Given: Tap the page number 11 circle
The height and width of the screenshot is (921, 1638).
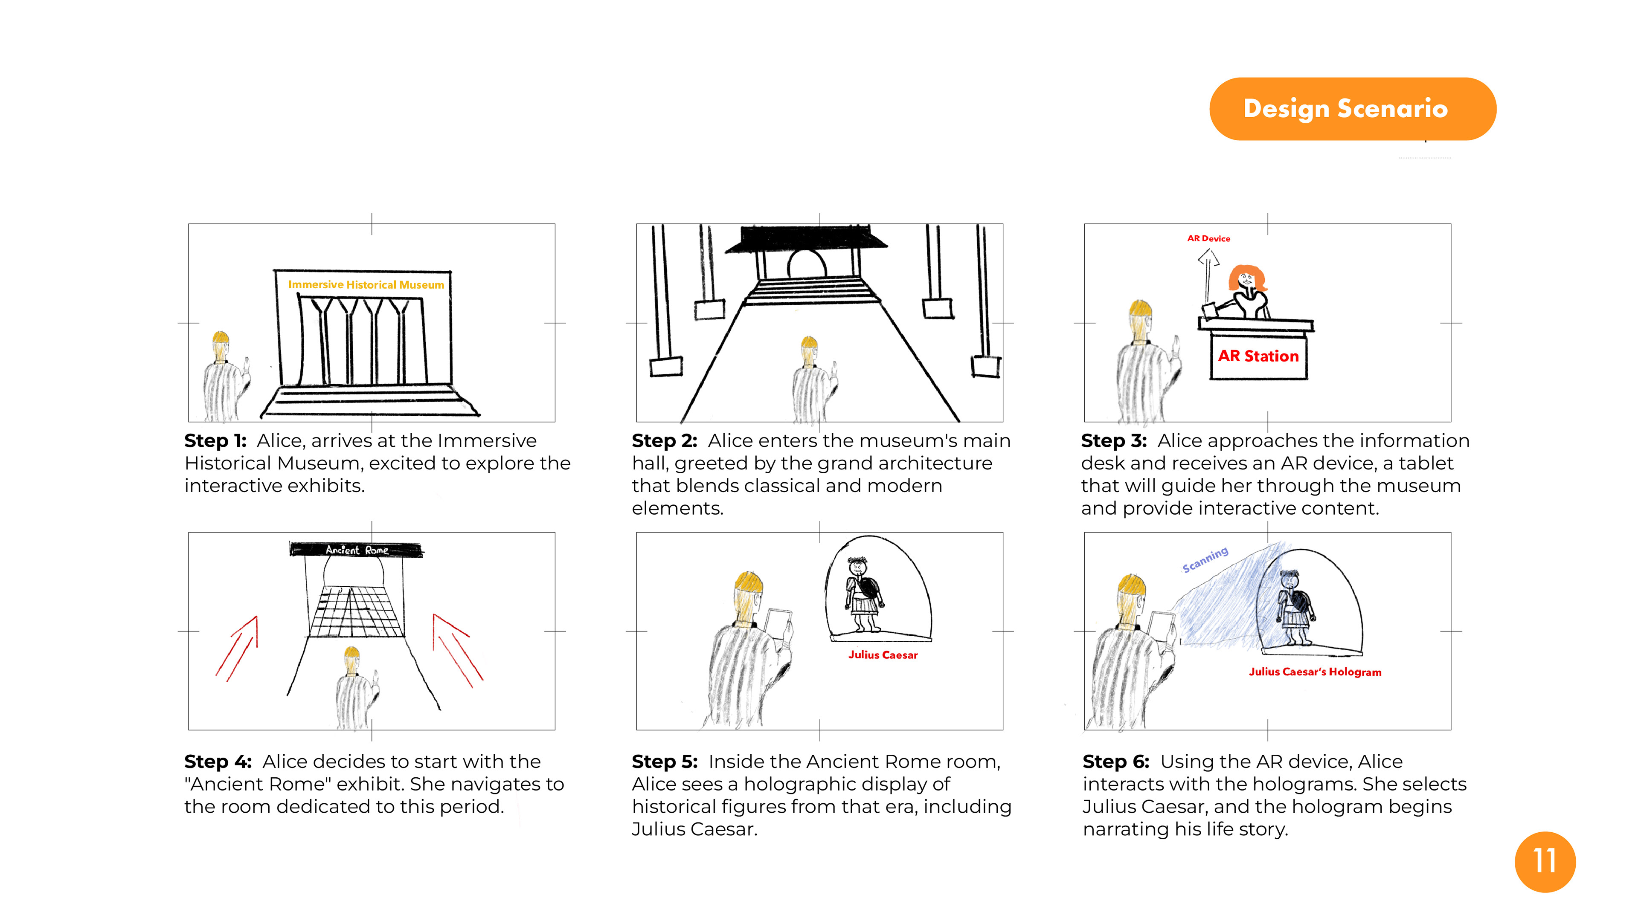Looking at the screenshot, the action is (x=1545, y=861).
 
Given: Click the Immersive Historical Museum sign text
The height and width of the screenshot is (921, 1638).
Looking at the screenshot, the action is (x=366, y=285).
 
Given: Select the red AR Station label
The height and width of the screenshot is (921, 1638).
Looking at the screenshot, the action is (x=1258, y=356).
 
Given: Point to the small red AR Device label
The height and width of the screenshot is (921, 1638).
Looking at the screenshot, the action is (x=1208, y=239).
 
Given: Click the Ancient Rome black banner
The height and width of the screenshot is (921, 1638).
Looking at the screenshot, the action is (x=356, y=550).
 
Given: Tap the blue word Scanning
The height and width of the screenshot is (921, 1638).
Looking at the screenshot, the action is (x=1205, y=560).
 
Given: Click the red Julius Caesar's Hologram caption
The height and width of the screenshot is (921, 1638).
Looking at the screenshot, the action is (x=1314, y=672).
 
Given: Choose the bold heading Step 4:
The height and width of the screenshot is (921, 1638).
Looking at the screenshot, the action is (x=218, y=762).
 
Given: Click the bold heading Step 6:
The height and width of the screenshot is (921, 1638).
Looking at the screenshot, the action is (x=1115, y=762).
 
